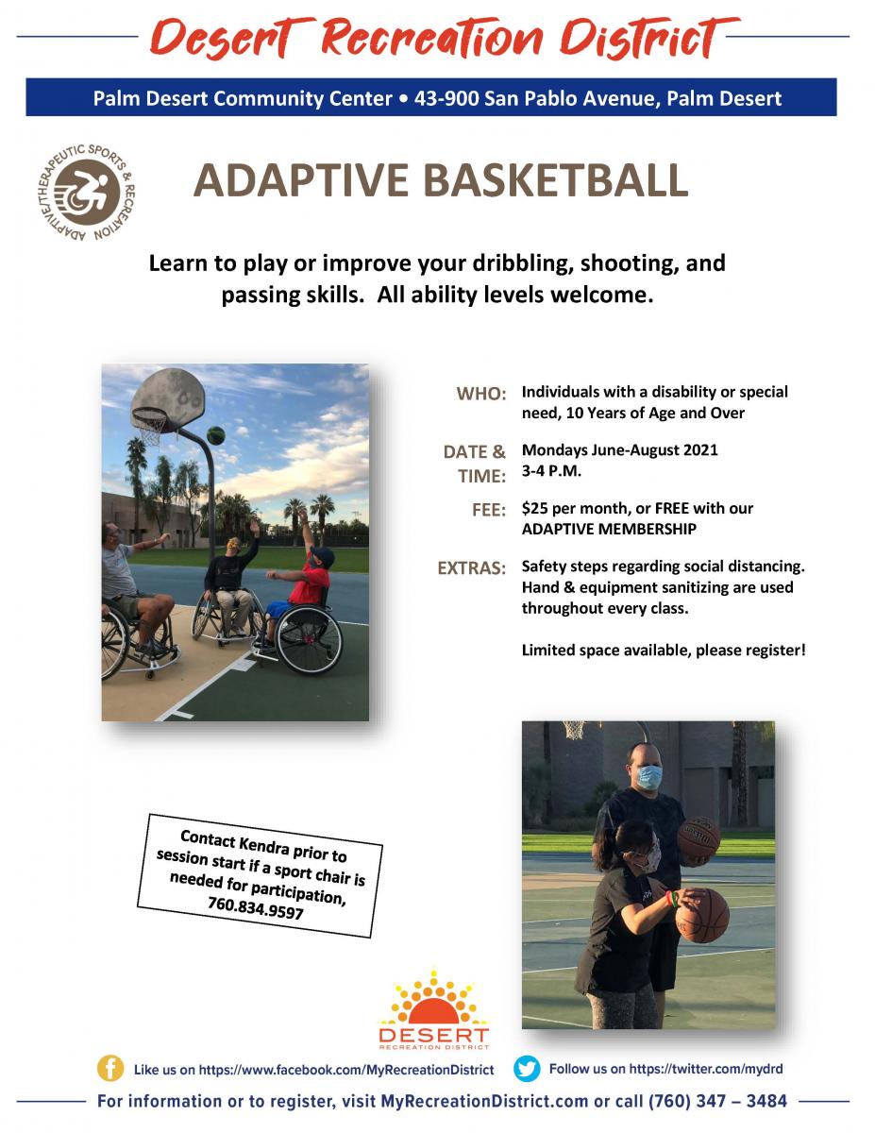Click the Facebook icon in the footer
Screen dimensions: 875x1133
(x=110, y=1069)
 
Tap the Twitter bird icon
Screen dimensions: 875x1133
(x=527, y=1069)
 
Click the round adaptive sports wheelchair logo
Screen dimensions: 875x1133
(x=87, y=193)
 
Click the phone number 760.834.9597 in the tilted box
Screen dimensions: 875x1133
(x=256, y=909)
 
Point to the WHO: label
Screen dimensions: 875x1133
(x=481, y=394)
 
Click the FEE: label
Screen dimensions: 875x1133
(x=489, y=510)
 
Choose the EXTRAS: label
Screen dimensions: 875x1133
(x=472, y=567)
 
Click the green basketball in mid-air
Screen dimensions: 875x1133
(x=216, y=435)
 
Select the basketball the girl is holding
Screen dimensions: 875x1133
(x=702, y=916)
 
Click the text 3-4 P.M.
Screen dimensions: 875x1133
(x=551, y=471)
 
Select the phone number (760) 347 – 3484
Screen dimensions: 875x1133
(x=717, y=1101)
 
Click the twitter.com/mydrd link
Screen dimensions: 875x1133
(x=706, y=1069)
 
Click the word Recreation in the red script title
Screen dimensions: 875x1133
(x=431, y=39)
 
